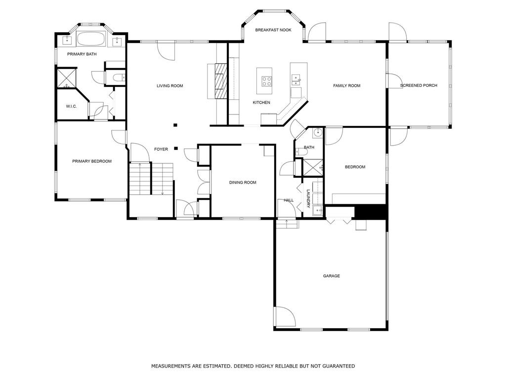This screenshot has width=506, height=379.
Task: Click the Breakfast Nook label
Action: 273,30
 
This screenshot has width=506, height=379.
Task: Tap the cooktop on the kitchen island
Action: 266,81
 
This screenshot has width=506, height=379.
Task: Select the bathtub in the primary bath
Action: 91,39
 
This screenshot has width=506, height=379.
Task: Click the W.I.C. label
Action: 71,107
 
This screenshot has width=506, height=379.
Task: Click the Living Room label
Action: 170,86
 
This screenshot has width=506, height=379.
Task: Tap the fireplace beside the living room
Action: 221,80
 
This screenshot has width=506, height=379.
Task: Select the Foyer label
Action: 161,149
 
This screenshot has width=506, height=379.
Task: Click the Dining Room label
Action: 243,183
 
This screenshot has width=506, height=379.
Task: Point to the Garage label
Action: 332,276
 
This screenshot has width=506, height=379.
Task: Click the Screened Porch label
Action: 419,85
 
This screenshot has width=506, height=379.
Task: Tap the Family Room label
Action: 346,86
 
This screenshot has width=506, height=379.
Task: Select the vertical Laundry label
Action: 308,198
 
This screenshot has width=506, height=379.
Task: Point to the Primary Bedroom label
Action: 91,161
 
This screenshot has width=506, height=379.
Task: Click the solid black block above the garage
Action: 371,212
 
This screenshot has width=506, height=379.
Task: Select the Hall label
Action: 289,200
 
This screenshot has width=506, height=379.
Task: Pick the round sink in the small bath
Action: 318,132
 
